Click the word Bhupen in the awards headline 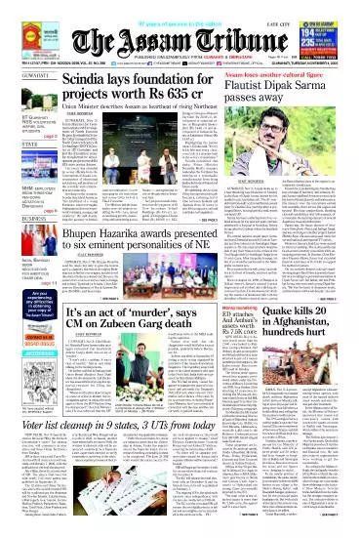(x=87, y=235)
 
